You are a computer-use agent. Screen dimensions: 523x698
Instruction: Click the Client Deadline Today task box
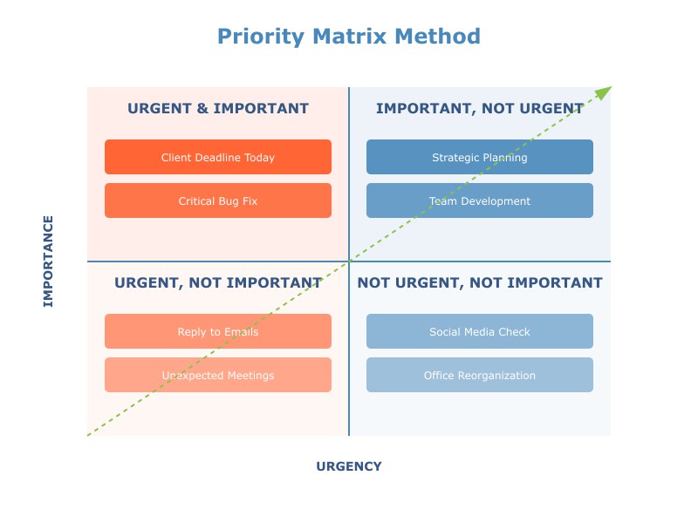click(x=218, y=157)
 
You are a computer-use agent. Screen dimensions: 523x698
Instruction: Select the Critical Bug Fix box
click(x=218, y=200)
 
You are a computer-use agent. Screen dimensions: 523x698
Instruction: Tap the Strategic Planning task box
click(x=480, y=157)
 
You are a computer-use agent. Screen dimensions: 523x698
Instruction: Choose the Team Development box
click(x=480, y=200)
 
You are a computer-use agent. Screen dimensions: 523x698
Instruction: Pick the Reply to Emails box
click(x=218, y=331)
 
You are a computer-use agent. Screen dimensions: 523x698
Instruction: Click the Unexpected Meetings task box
click(x=218, y=375)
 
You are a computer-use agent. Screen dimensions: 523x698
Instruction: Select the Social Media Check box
click(x=480, y=331)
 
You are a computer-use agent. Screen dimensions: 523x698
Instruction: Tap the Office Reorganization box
click(x=480, y=375)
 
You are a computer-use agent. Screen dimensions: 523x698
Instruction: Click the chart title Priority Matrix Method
click(x=349, y=37)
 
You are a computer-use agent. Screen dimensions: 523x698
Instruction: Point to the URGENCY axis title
click(x=349, y=466)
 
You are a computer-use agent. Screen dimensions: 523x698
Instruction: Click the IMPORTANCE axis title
click(x=49, y=261)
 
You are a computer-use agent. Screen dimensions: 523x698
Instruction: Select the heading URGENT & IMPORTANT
click(x=218, y=109)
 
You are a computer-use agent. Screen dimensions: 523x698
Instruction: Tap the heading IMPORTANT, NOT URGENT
click(x=480, y=109)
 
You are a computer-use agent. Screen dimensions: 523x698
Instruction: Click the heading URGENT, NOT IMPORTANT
click(x=218, y=283)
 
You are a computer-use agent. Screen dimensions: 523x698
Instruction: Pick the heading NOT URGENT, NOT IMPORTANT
click(x=480, y=283)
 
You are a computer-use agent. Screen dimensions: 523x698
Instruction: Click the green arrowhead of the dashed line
click(x=605, y=92)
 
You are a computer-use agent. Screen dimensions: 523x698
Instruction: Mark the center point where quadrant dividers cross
click(x=349, y=261)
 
